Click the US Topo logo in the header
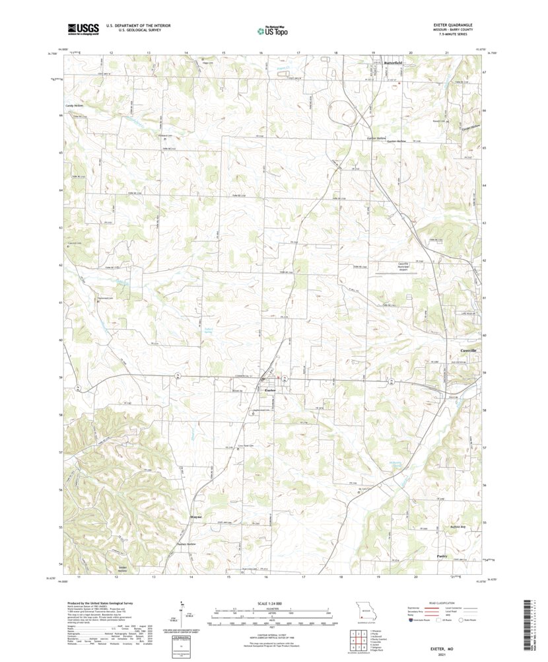pyautogui.click(x=273, y=29)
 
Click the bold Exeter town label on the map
pyautogui.click(x=269, y=390)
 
